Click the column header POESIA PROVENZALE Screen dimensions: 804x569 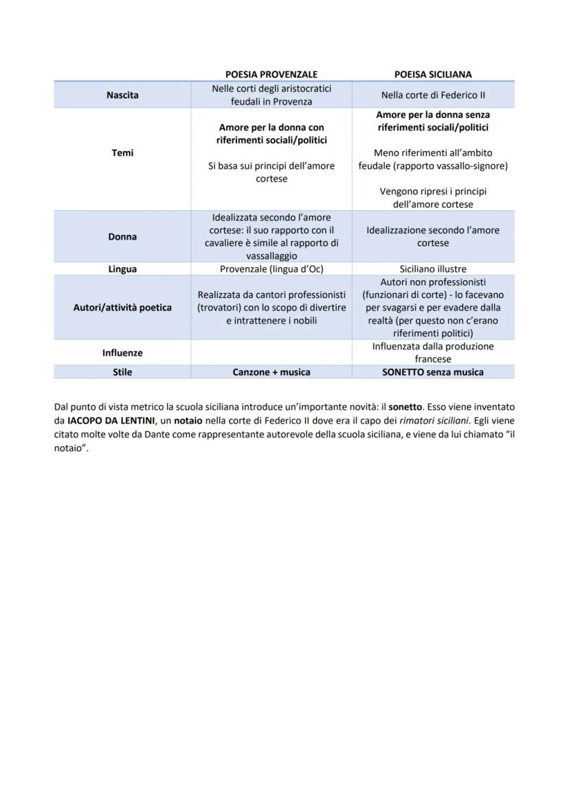(271, 74)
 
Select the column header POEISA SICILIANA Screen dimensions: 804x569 (433, 74)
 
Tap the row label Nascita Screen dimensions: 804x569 (122, 95)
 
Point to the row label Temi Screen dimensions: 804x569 (122, 152)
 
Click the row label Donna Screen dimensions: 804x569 (122, 236)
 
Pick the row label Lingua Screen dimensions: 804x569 (122, 268)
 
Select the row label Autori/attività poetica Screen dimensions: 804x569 (122, 307)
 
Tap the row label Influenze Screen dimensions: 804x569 (122, 352)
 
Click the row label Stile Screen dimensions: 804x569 (122, 371)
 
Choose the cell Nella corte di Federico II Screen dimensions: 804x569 (433, 95)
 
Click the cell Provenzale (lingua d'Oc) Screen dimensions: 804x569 (271, 268)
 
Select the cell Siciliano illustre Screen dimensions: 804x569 (433, 268)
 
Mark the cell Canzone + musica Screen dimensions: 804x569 (271, 371)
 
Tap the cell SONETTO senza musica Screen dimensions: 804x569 (433, 371)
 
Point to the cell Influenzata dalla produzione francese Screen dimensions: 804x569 (433, 352)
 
